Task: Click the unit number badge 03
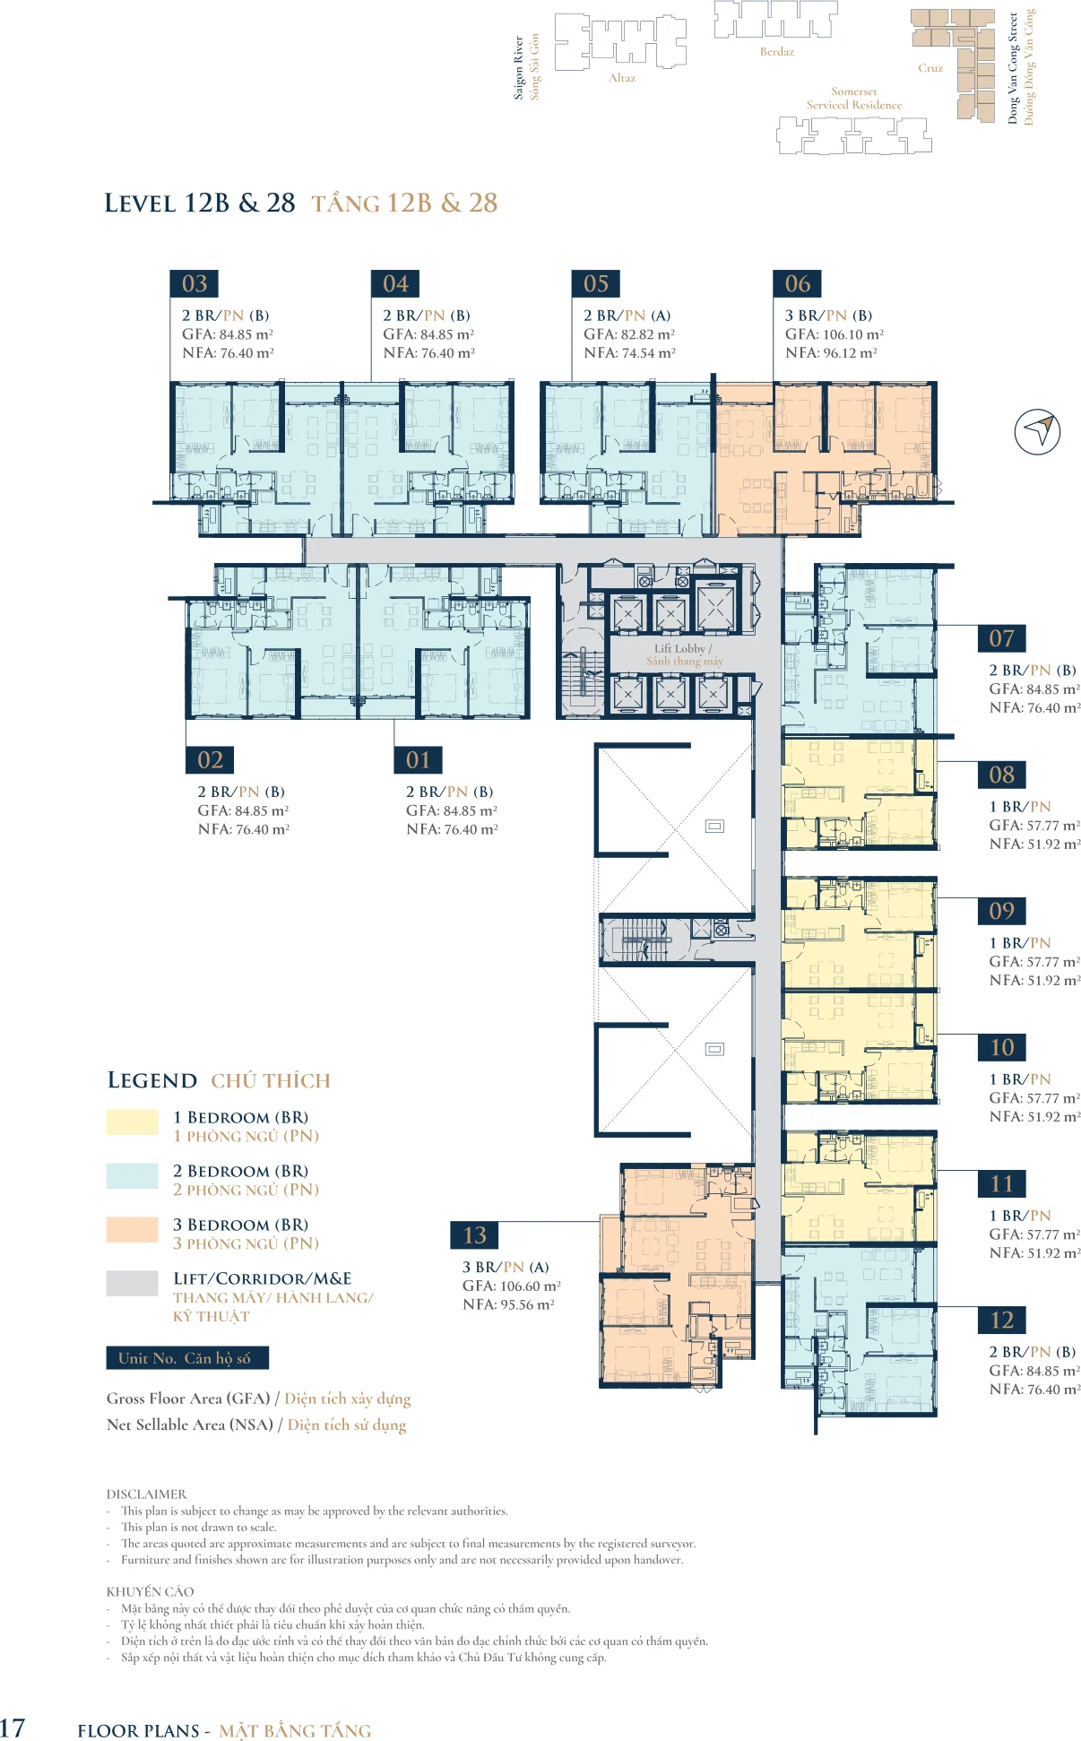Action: pyautogui.click(x=195, y=283)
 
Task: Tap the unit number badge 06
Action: pyautogui.click(x=797, y=283)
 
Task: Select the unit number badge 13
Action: pyautogui.click(x=474, y=1235)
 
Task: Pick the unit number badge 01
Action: pyautogui.click(x=418, y=760)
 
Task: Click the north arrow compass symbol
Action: pyautogui.click(x=1037, y=431)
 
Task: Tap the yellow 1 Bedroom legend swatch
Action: pyautogui.click(x=132, y=1122)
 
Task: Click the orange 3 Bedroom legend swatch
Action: pyautogui.click(x=132, y=1229)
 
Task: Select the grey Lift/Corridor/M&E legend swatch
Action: pyautogui.click(x=132, y=1283)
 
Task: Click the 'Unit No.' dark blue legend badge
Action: pyautogui.click(x=187, y=1358)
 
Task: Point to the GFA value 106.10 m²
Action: pyautogui.click(x=852, y=334)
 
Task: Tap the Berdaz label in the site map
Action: pyautogui.click(x=776, y=52)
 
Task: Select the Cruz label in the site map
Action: pyautogui.click(x=930, y=68)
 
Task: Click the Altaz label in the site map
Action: pyautogui.click(x=622, y=78)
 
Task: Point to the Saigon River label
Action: pyautogui.click(x=518, y=67)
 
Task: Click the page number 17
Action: pyautogui.click(x=13, y=1728)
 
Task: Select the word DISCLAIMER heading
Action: pyautogui.click(x=146, y=1494)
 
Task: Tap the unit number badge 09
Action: pyautogui.click(x=1001, y=911)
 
